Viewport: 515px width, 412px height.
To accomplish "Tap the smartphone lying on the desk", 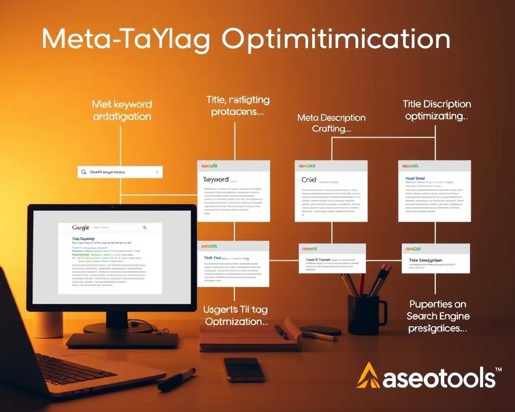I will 244,369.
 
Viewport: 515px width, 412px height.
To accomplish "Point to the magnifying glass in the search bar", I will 84,172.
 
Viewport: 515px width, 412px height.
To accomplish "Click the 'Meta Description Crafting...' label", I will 331,123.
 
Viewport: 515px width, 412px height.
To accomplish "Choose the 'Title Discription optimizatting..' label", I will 437,110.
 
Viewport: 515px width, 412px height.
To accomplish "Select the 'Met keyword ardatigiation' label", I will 122,110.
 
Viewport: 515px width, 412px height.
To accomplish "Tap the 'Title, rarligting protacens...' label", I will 238,106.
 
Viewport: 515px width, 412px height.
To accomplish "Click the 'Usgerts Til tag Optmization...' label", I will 236,316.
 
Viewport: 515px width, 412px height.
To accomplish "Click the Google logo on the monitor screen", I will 80,227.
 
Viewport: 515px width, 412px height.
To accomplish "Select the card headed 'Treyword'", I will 233,190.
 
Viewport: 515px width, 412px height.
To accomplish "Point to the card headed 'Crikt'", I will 331,190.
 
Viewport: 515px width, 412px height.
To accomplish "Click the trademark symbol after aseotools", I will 498,370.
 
